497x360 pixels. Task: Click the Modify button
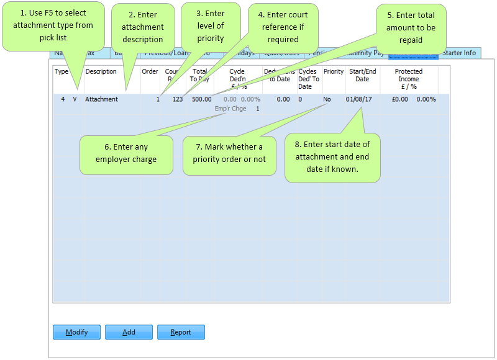pos(76,332)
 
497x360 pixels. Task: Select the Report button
pos(181,332)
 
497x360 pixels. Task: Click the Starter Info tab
pos(459,53)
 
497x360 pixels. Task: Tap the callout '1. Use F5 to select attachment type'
pos(53,25)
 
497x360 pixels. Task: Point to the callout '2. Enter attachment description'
pos(142,27)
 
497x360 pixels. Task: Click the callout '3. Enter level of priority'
pos(210,25)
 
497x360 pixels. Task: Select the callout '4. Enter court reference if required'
pos(284,27)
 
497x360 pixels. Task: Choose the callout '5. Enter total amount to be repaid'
pos(411,27)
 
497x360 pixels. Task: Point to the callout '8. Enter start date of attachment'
pos(332,156)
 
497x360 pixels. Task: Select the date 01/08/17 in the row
pos(360,99)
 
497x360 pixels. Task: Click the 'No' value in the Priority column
pos(327,99)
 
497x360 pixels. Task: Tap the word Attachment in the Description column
pos(101,99)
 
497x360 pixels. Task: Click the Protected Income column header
pos(408,79)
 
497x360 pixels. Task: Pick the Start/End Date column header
pos(362,75)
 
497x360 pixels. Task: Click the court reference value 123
pos(178,99)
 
